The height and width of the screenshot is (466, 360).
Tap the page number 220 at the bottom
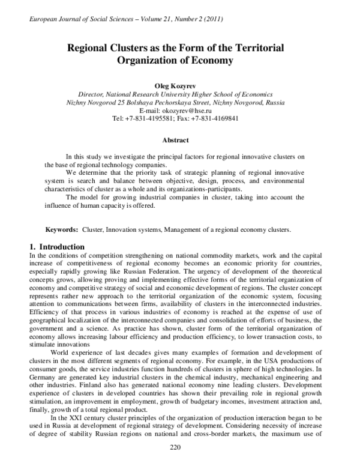pyautogui.click(x=176, y=447)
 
